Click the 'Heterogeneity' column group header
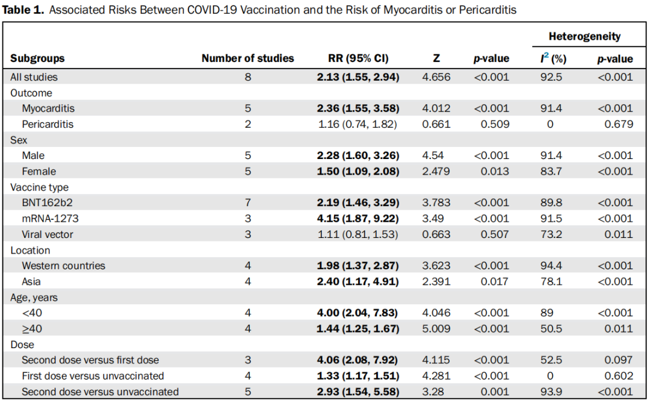click(584, 37)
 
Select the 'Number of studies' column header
click(247, 58)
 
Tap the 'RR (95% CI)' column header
click(358, 58)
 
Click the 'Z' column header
click(436, 58)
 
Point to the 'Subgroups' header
click(37, 58)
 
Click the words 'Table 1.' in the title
click(23, 10)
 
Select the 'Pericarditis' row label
click(48, 124)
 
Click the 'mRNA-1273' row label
click(50, 218)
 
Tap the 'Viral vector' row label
click(48, 234)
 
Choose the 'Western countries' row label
click(63, 266)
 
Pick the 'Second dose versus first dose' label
click(90, 360)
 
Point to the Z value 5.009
click(436, 329)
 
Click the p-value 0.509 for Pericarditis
click(495, 124)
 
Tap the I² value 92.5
click(551, 77)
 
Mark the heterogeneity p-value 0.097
click(619, 360)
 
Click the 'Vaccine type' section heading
click(39, 187)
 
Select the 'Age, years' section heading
click(34, 298)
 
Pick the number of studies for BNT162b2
click(248, 202)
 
